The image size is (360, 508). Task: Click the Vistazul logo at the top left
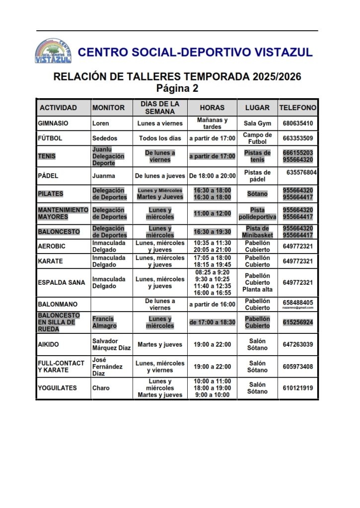click(x=53, y=51)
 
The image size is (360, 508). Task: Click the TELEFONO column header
click(x=297, y=108)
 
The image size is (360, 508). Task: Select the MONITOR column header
click(x=108, y=108)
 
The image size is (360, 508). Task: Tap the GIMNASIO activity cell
click(x=53, y=124)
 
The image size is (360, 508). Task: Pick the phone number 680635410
click(x=297, y=124)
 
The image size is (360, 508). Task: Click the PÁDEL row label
click(x=48, y=176)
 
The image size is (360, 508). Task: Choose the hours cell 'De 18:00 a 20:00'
click(x=213, y=176)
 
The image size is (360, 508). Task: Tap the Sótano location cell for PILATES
click(x=257, y=193)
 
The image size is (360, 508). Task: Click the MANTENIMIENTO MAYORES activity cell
click(x=63, y=213)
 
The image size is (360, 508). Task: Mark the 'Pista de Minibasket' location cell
click(x=257, y=232)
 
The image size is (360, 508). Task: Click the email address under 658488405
click(x=298, y=308)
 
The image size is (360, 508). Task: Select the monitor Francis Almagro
click(x=104, y=322)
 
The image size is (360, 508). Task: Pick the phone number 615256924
click(x=297, y=322)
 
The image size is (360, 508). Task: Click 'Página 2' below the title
click(x=177, y=89)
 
